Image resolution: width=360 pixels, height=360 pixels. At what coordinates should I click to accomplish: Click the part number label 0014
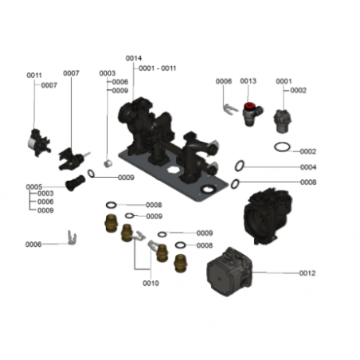pyautogui.click(x=134, y=58)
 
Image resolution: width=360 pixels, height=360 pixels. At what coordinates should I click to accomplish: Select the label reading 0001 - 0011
pyautogui.click(x=158, y=68)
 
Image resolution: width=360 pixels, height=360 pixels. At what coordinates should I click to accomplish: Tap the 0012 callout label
pyautogui.click(x=307, y=273)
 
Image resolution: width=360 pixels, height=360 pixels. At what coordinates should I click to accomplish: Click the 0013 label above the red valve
pyautogui.click(x=248, y=80)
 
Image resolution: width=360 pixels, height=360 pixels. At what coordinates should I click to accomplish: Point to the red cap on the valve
pyautogui.click(x=249, y=107)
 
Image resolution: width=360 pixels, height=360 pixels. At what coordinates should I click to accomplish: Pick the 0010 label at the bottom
pyautogui.click(x=151, y=283)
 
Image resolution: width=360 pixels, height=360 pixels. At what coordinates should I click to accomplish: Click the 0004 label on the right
pyautogui.click(x=308, y=167)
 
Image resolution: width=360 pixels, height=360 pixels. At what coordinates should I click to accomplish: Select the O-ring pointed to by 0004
pyautogui.click(x=239, y=166)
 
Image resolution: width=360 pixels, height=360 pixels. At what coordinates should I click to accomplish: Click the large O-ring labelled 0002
pyautogui.click(x=282, y=147)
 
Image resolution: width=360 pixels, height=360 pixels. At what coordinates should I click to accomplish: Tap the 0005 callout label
pyautogui.click(x=34, y=187)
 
